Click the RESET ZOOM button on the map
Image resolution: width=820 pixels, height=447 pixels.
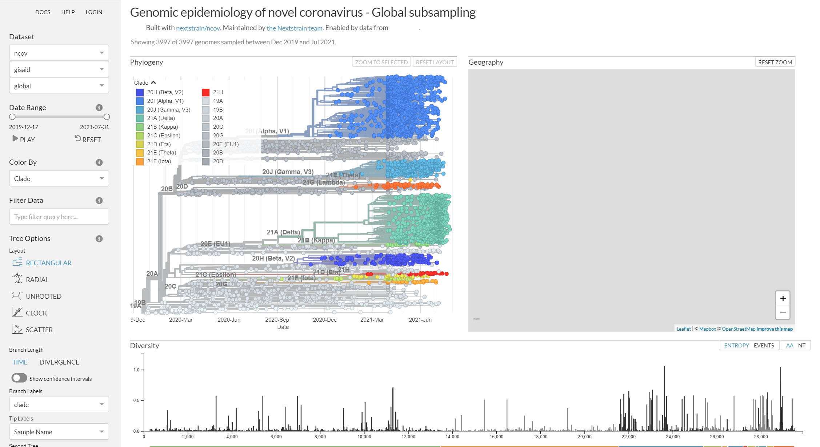[775, 62]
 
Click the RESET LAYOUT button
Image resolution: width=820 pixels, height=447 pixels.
[435, 62]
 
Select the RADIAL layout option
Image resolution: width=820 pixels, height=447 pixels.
[37, 279]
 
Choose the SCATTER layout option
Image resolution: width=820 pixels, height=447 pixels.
[39, 330]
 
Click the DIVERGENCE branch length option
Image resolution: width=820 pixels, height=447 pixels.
[59, 362]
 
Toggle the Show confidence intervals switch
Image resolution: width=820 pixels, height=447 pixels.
[19, 378]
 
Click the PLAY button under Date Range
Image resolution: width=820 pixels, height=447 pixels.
[24, 140]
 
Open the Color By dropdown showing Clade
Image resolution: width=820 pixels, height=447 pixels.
[59, 178]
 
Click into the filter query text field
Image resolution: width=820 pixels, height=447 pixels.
[59, 217]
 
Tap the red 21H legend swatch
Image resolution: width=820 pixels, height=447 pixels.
[205, 92]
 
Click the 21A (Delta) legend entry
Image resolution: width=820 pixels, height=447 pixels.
[161, 118]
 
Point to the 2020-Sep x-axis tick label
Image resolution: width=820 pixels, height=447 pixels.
[277, 319]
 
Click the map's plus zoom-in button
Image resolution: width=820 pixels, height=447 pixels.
[783, 299]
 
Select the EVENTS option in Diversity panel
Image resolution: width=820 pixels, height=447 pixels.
[764, 345]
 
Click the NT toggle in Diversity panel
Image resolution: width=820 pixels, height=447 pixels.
[801, 345]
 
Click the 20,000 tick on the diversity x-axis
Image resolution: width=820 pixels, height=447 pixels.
[584, 436]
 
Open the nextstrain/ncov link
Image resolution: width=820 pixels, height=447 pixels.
[198, 28]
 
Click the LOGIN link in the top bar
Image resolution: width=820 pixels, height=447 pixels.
[94, 12]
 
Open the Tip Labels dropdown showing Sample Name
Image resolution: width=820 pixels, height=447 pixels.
[59, 432]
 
